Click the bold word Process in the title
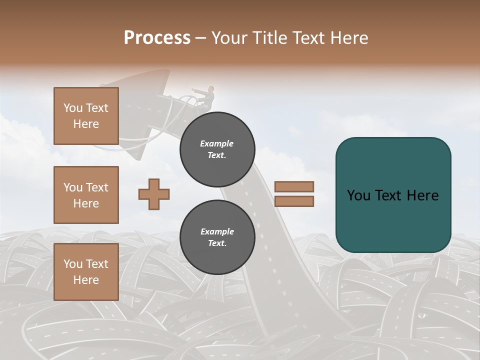pos(157,38)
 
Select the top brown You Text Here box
pos(86,116)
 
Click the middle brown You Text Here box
pos(86,195)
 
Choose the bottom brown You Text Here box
pos(86,272)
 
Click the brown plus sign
pos(154,194)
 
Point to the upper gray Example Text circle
pos(217,149)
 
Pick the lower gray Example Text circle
pos(217,237)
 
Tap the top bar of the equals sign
pos(294,186)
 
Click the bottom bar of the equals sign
pos(294,201)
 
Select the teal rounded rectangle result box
pos(393,195)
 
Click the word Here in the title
pos(349,38)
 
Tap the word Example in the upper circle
pos(217,143)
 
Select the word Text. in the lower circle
pos(217,243)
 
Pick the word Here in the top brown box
pos(86,124)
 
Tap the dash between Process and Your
pos(200,38)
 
